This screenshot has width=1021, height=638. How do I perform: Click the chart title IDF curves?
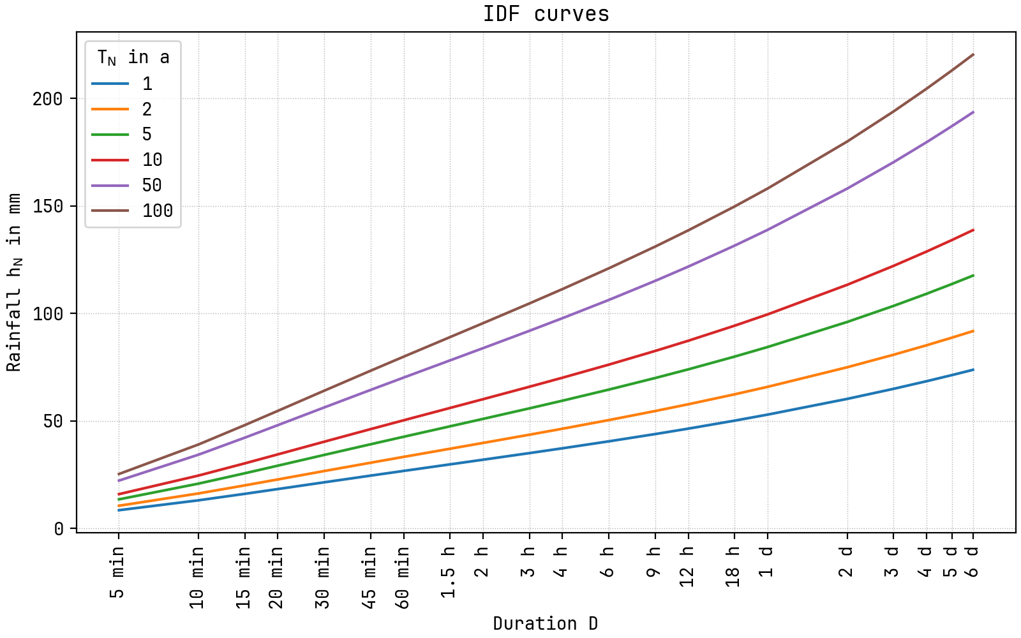tap(546, 14)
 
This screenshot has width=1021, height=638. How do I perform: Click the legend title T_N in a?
tap(133, 57)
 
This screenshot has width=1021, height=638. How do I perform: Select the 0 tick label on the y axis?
tap(59, 529)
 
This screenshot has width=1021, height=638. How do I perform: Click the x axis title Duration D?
tap(546, 623)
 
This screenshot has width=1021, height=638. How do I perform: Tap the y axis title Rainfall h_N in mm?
tap(14, 282)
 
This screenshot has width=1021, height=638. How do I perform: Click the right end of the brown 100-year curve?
tap(973, 55)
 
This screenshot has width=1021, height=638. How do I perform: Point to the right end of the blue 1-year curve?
tap(973, 369)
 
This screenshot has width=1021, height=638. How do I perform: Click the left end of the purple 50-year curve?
tap(119, 480)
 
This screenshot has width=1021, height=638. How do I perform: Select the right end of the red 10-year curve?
tap(973, 230)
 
